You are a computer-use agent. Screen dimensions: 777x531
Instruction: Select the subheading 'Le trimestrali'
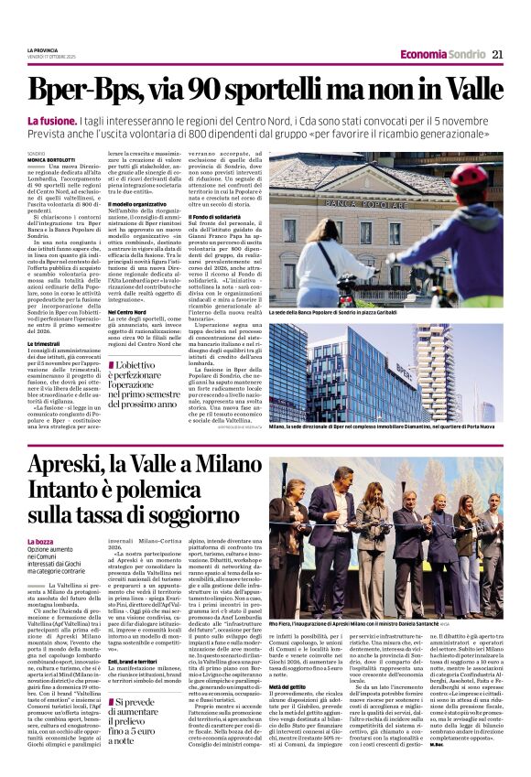(x=48, y=344)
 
